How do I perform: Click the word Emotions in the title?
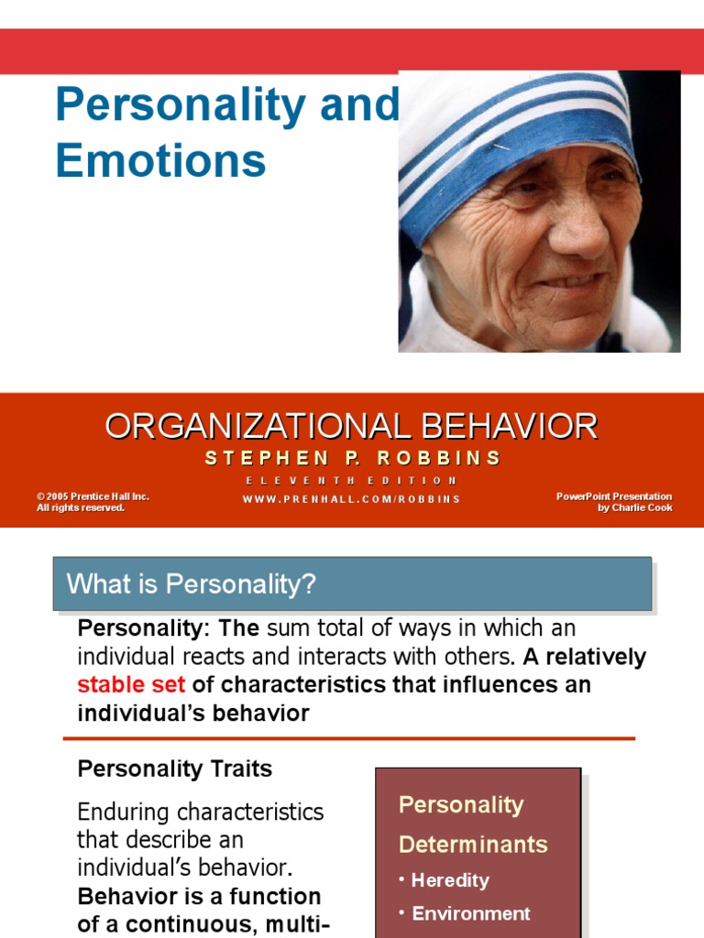160,159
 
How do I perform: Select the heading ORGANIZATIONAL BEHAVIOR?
351,426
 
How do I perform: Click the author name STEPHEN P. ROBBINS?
352,458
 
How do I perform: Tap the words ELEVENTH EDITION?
352,481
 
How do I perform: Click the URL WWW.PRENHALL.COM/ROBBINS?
352,499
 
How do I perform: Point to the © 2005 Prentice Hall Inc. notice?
93,496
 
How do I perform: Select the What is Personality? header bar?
352,584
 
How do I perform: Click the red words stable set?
130,685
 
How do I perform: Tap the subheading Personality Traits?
175,769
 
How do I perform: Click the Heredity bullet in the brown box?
449,880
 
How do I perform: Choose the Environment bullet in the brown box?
470,913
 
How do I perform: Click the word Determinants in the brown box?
473,844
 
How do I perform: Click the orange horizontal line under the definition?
348,738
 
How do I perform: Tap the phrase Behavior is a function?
199,897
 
